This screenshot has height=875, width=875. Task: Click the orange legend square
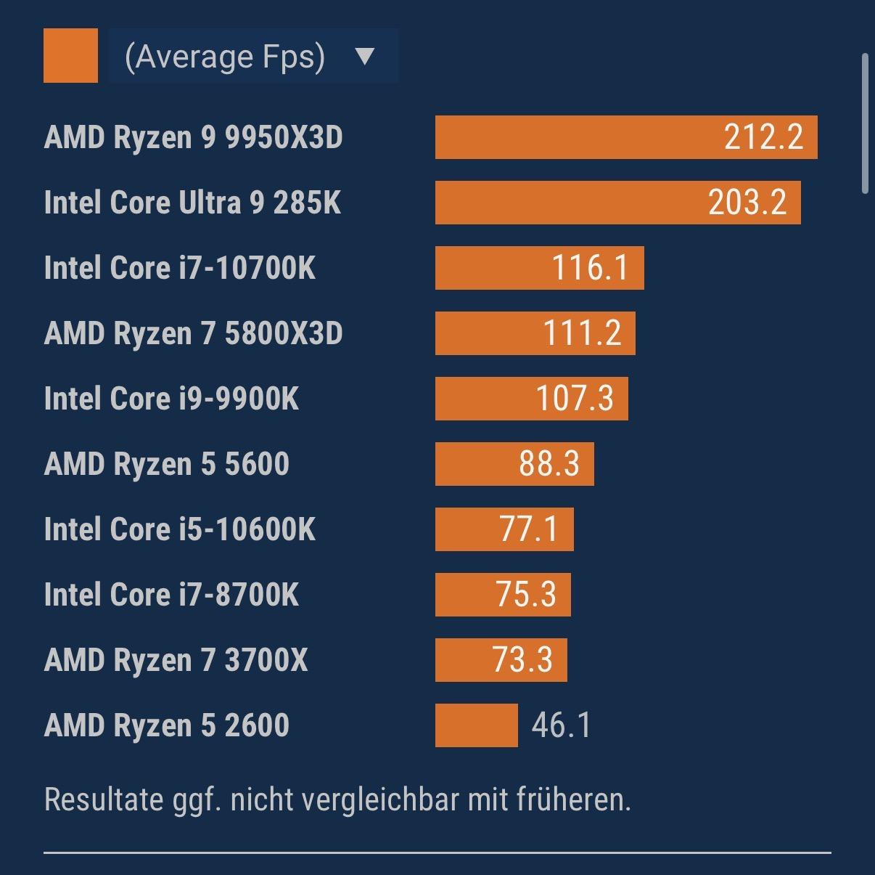click(70, 55)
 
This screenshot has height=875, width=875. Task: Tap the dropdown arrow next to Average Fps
click(365, 56)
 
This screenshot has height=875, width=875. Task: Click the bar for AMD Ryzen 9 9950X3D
click(580, 137)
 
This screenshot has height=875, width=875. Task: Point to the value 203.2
click(747, 203)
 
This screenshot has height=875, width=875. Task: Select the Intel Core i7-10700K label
click(180, 268)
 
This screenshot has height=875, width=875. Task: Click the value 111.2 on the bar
click(582, 333)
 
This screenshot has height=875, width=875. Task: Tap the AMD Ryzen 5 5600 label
click(167, 464)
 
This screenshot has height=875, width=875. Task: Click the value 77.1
click(529, 529)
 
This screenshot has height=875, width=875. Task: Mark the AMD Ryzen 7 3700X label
click(176, 660)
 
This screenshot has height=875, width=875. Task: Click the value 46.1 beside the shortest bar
click(561, 725)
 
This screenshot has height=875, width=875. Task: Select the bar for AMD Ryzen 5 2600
click(477, 725)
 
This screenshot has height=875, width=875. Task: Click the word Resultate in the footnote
click(103, 799)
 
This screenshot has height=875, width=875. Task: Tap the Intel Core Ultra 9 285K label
click(192, 203)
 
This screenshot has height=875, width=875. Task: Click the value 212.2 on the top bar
click(763, 137)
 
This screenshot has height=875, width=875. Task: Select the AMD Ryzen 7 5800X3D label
click(193, 333)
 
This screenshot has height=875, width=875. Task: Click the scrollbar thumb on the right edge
click(864, 123)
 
